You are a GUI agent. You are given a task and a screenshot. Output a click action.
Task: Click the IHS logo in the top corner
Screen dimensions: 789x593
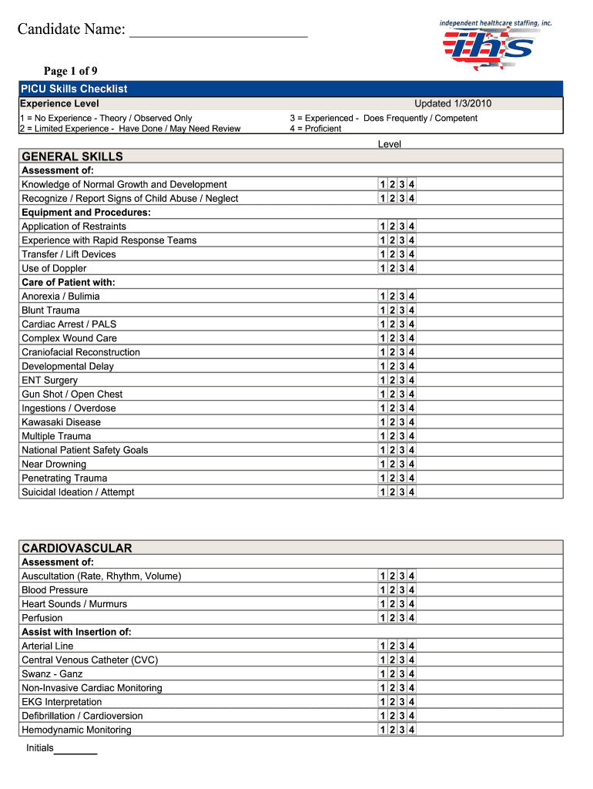(494, 45)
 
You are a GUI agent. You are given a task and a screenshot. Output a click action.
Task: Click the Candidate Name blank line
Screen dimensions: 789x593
(219, 31)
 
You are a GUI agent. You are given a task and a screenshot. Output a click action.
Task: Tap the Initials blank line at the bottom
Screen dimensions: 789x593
(75, 749)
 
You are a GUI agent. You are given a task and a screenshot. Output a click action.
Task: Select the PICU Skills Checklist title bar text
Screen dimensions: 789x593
(74, 89)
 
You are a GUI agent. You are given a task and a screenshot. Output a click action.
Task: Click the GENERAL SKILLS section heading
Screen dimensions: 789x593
(72, 156)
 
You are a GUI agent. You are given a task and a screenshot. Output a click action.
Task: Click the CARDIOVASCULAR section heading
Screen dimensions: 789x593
(77, 548)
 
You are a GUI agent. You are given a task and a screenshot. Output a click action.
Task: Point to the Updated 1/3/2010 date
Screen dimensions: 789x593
(453, 104)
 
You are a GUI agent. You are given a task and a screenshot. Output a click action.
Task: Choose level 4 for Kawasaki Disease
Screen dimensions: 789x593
(412, 422)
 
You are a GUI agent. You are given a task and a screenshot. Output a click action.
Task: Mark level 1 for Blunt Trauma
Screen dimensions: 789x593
(383, 311)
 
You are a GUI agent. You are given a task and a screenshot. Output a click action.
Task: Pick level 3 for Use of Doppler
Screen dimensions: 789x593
(402, 268)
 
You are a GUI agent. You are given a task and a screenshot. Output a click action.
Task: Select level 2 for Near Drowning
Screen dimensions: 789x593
(392, 464)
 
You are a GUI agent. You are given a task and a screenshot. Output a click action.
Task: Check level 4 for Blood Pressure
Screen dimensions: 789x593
(412, 590)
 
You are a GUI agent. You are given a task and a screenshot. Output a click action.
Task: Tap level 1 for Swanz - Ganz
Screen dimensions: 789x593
(383, 674)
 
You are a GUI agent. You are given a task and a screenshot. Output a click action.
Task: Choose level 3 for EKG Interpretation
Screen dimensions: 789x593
(402, 702)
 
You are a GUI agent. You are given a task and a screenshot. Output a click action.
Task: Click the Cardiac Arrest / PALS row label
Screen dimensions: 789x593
(69, 324)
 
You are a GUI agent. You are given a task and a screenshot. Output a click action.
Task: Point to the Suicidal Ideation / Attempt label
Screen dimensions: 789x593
(78, 492)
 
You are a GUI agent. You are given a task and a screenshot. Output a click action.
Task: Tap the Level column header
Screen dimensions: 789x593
(390, 144)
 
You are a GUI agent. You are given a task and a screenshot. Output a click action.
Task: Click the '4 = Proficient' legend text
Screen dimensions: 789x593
(316, 129)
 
